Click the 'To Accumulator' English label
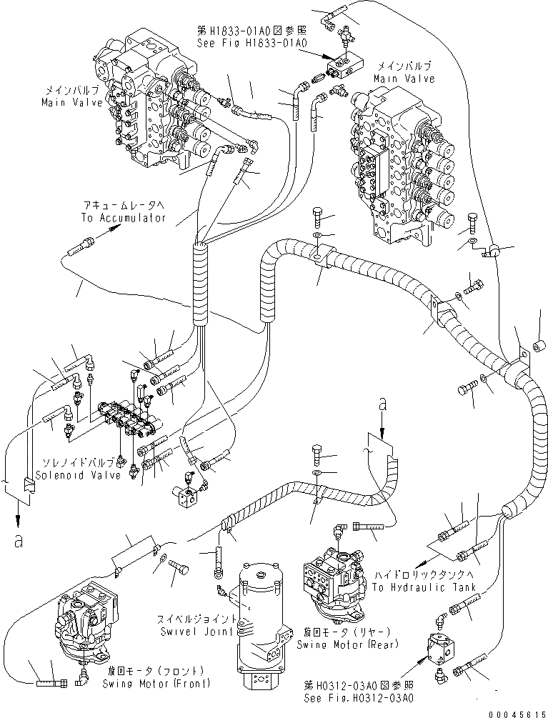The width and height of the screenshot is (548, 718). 124,218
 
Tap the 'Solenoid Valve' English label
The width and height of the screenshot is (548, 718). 79,475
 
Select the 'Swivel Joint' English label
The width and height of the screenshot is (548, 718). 197,632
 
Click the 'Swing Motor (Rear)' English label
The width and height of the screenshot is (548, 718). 347,644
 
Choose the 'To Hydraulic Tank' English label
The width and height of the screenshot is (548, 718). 424,587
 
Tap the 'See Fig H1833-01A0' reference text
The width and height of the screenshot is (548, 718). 251,43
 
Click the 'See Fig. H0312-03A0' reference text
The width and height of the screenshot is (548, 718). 359,698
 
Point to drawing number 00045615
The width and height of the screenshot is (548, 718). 517,714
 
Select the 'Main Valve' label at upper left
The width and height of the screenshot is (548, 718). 72,102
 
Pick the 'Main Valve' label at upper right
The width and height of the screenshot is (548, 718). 404,79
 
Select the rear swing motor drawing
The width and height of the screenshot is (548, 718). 334,579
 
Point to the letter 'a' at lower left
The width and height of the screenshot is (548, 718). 18,542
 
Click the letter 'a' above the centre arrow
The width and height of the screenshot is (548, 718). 383,404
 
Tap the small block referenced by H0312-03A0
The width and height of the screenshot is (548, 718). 442,647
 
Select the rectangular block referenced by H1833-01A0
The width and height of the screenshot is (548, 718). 344,64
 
